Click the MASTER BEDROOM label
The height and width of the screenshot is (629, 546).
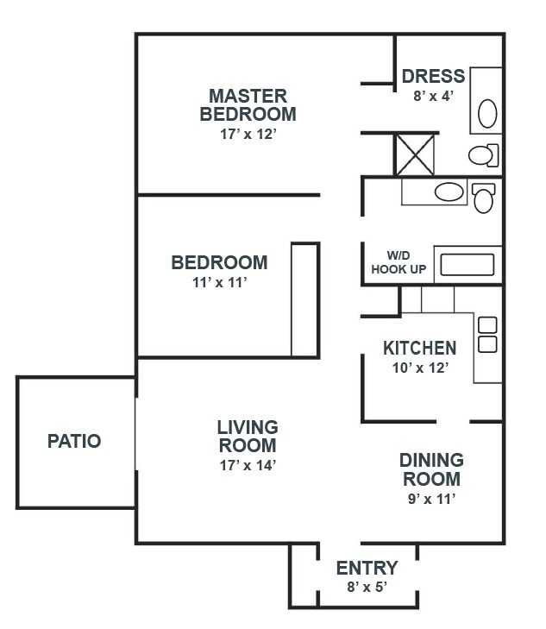click(x=248, y=104)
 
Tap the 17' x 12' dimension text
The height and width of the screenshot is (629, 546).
click(x=248, y=134)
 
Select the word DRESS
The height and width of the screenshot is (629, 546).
click(x=433, y=77)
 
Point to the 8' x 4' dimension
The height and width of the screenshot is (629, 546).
click(x=431, y=97)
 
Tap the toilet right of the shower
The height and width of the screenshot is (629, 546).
click(x=482, y=155)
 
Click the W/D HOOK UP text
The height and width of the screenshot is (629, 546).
click(x=398, y=261)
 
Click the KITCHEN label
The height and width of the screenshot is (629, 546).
click(x=419, y=349)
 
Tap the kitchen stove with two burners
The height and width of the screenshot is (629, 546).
click(x=487, y=335)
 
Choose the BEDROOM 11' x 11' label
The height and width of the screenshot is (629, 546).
click(x=219, y=262)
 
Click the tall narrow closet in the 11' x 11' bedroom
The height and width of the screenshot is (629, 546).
click(x=305, y=299)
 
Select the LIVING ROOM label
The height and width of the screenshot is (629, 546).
click(x=247, y=437)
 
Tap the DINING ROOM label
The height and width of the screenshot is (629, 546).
click(x=430, y=469)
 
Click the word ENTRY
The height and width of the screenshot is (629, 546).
click(x=367, y=568)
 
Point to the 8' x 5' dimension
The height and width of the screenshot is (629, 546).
click(x=366, y=588)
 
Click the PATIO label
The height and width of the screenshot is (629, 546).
click(x=73, y=442)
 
